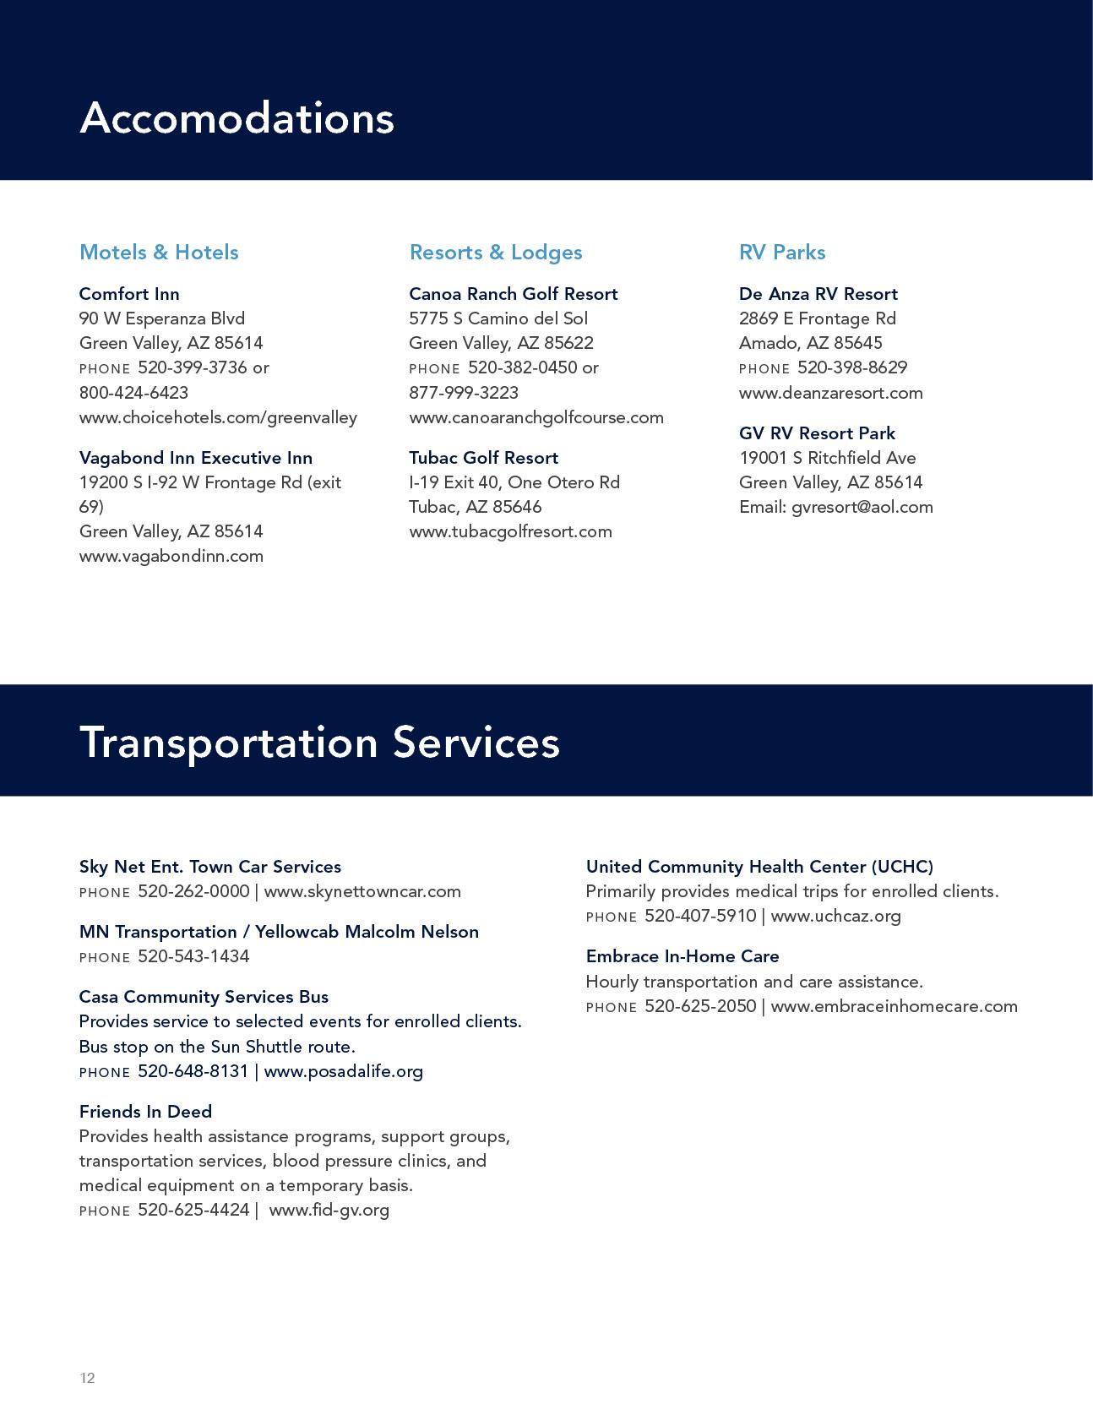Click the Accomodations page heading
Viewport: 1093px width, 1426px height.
(237, 117)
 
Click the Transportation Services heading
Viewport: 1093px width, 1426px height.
(319, 743)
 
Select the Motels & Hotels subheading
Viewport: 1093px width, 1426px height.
(159, 252)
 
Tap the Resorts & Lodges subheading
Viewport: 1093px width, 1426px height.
(496, 252)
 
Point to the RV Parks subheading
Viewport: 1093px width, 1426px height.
(782, 252)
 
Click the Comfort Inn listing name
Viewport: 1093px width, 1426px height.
(129, 294)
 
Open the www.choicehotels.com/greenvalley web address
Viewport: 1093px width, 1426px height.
(218, 417)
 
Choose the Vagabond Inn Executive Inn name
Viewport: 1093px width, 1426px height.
(196, 458)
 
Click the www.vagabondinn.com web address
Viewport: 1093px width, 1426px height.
(171, 556)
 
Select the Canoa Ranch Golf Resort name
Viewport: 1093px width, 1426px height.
(514, 294)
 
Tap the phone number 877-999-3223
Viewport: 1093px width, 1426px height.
(464, 393)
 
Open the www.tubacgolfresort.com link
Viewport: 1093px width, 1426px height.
(510, 531)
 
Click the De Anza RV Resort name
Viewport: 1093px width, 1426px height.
(818, 294)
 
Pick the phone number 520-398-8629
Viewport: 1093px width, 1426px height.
(852, 367)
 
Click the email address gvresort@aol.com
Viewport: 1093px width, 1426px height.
(862, 507)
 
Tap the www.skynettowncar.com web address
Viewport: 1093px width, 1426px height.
(362, 891)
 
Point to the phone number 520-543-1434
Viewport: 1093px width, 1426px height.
(193, 956)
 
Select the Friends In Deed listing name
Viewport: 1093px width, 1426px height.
(145, 1112)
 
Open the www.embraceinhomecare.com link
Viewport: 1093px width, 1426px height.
(895, 1006)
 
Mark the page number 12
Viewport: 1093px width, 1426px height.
(87, 1378)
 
